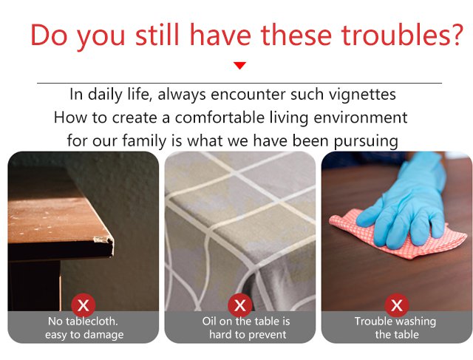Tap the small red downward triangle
(239, 65)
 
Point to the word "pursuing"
(366, 141)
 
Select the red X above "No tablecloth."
(84, 305)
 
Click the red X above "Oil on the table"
(239, 305)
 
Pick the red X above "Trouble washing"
(397, 305)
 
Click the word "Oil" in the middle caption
(209, 321)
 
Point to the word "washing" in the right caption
(416, 322)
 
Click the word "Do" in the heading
(48, 35)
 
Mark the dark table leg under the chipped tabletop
(35, 285)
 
